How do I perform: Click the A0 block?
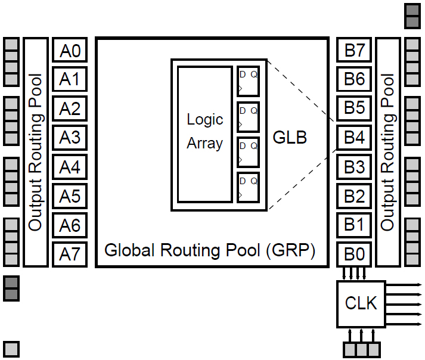[x=70, y=51]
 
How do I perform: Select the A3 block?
[x=70, y=138]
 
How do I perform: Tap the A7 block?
[x=70, y=255]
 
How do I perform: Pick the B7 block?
[x=355, y=51]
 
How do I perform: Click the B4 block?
[x=355, y=138]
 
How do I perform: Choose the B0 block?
[x=355, y=255]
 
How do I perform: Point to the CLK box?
[x=361, y=303]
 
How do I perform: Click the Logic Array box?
[x=204, y=135]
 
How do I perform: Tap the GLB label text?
[x=290, y=137]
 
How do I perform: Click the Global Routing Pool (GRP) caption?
[x=210, y=250]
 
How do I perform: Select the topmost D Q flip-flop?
[x=248, y=82]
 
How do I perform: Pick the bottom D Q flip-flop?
[x=248, y=188]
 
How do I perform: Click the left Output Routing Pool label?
[x=36, y=153]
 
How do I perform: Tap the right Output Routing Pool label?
[x=388, y=153]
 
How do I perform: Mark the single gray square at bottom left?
[x=11, y=349]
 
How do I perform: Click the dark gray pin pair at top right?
[x=412, y=17]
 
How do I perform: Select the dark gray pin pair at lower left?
[x=11, y=288]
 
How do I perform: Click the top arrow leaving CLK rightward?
[x=405, y=285]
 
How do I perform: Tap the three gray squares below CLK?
[x=361, y=349]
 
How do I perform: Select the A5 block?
[x=70, y=196]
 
